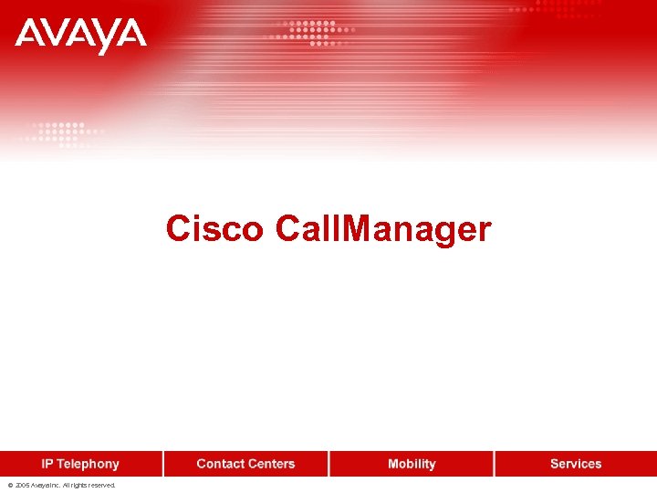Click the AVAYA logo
pos(80,37)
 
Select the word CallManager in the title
pos(382,229)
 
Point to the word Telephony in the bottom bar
pos(89,464)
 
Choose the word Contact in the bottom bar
pos(221,464)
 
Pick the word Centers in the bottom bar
pos(272,464)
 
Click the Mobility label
pos(412,464)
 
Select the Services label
pos(576,464)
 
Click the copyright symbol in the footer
pos(9,486)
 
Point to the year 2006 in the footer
pos(22,486)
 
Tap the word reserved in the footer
pos(99,486)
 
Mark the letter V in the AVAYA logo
pos(57,37)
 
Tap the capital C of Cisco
pos(177,229)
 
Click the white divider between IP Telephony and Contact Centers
pos(164,464)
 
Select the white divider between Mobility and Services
pos(495,464)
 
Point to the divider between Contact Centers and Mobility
pos(329,464)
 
